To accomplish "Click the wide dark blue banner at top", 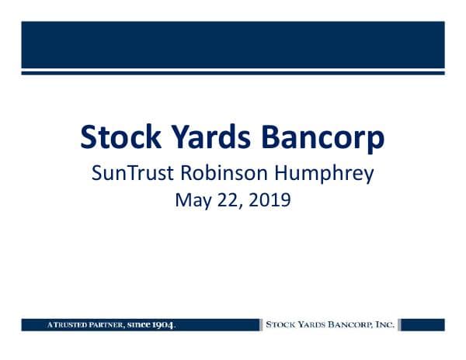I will point(233,44).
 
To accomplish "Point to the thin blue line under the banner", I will point(233,73).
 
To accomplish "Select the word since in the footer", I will point(139,324).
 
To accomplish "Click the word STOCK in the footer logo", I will point(280,324).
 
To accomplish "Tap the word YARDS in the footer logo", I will point(313,324).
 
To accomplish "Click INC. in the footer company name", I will point(386,324).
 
